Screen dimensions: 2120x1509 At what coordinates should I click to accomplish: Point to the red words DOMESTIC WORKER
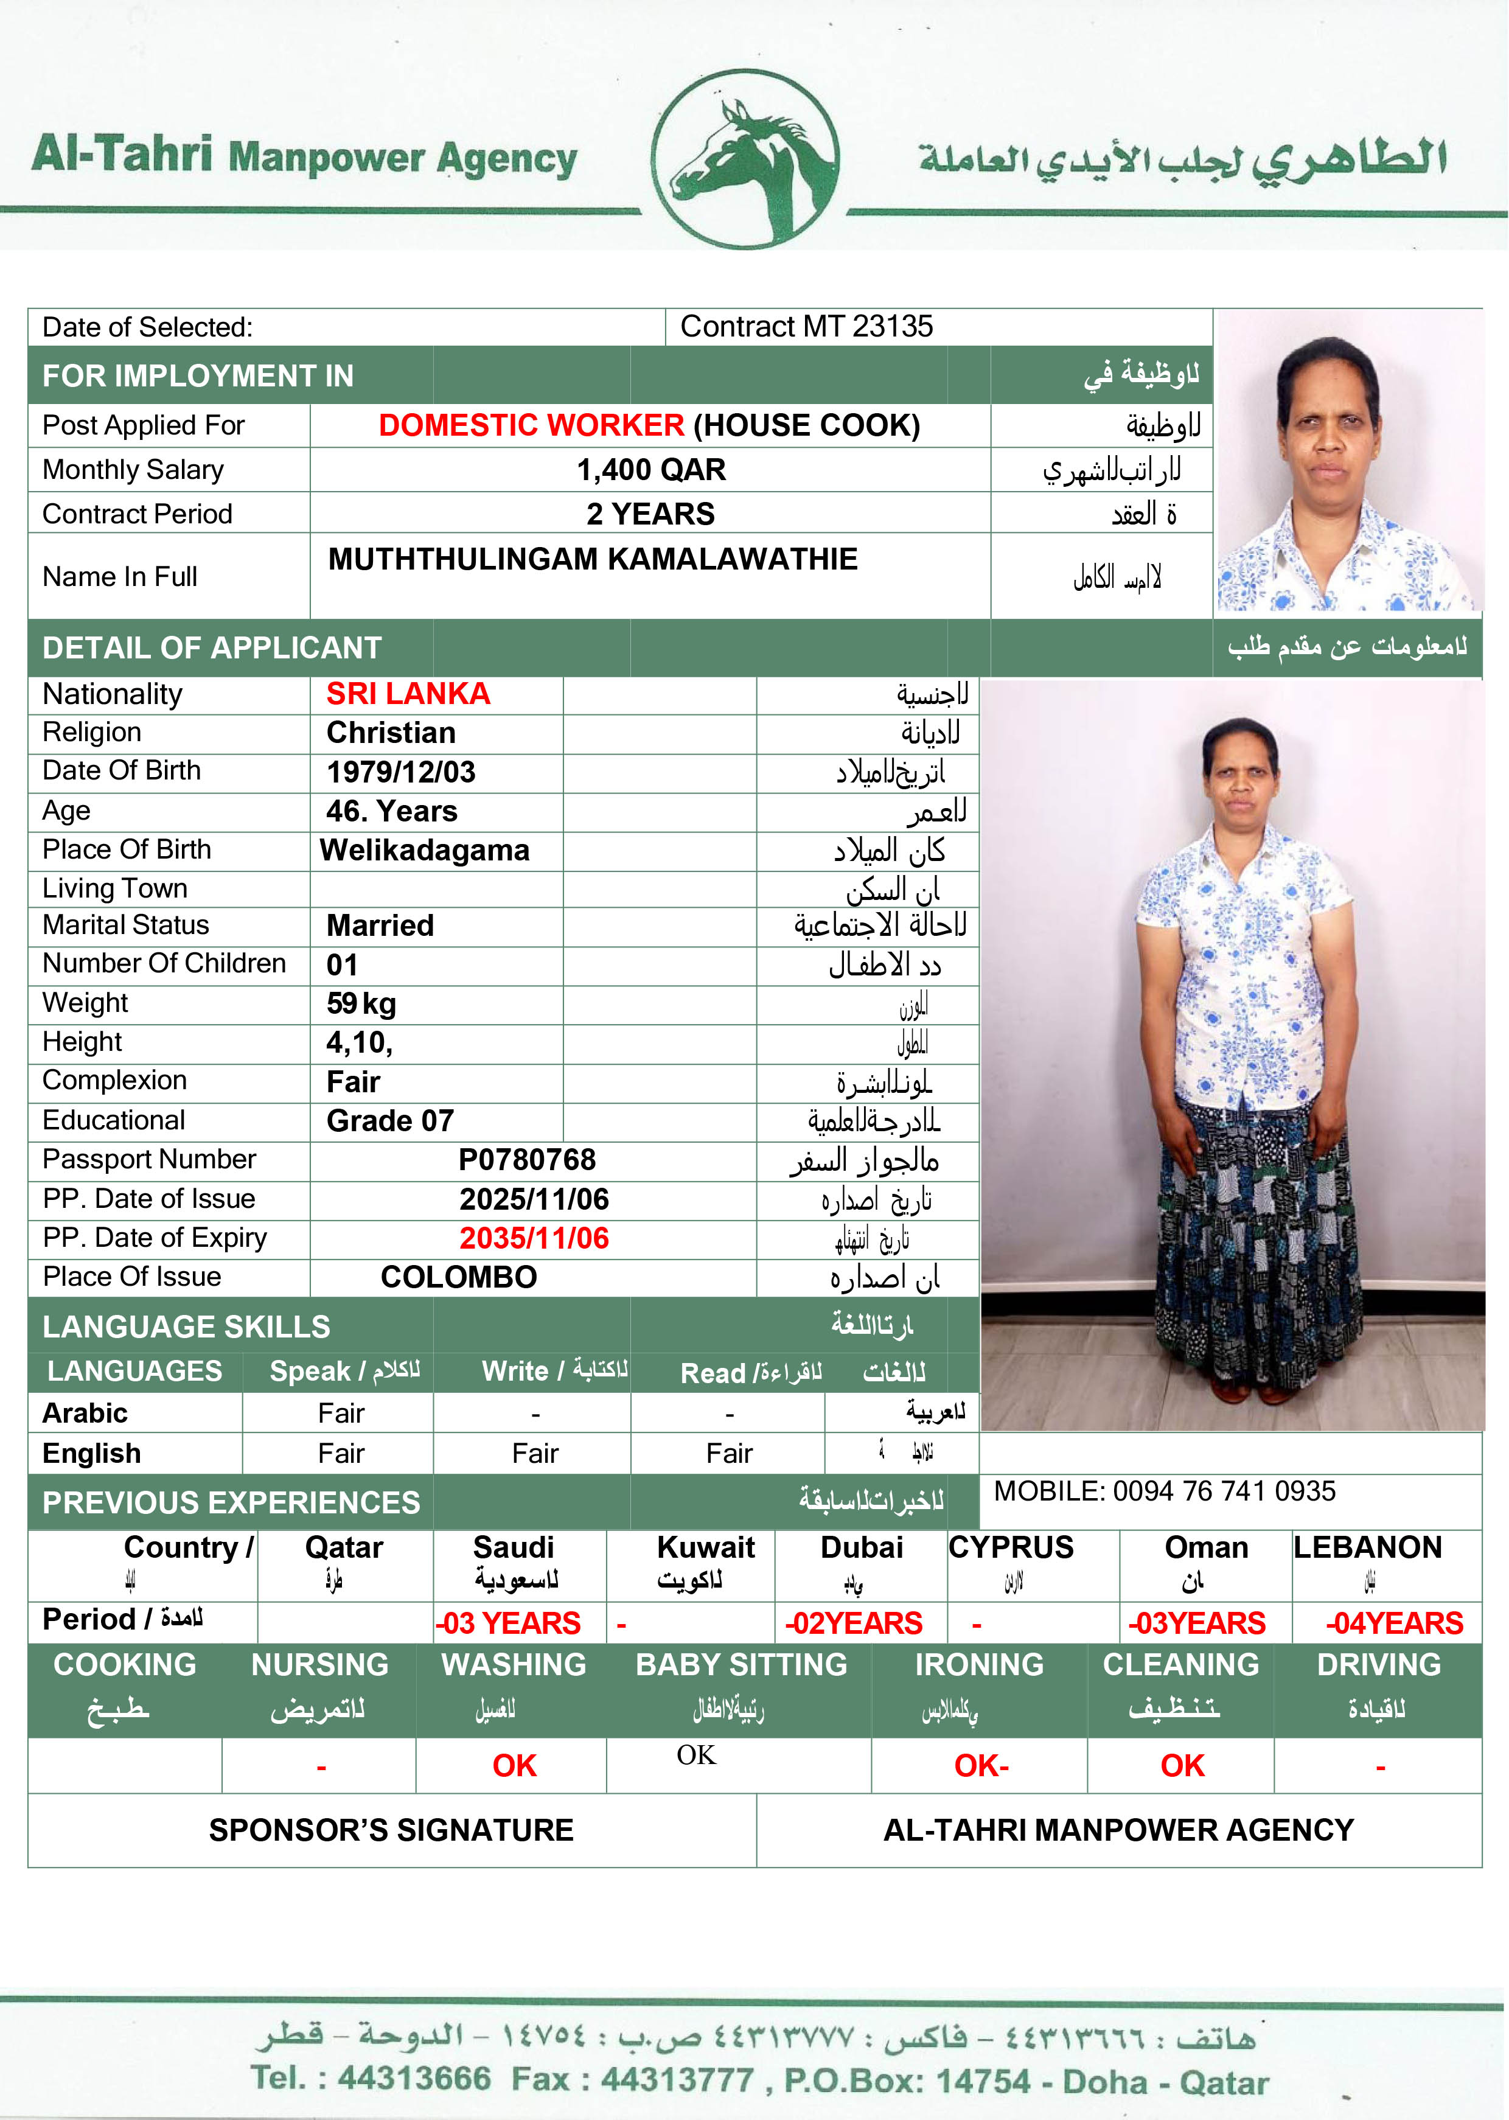[x=531, y=425]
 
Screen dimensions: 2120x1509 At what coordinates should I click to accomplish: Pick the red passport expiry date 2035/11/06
[x=534, y=1238]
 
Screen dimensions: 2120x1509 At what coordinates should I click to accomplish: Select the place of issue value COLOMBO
[x=458, y=1277]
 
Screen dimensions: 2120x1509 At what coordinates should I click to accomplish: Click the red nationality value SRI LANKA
[x=408, y=694]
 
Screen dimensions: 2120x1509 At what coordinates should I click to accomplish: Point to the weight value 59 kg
[x=361, y=1004]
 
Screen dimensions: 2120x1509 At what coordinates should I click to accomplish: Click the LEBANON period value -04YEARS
[x=1394, y=1623]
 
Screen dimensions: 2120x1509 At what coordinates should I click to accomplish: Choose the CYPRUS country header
[x=1011, y=1548]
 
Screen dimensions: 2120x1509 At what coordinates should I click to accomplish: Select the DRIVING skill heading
[x=1379, y=1665]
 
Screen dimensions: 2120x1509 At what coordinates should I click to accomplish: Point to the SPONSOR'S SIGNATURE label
[x=391, y=1830]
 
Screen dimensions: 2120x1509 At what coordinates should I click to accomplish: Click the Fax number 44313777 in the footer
[x=677, y=2078]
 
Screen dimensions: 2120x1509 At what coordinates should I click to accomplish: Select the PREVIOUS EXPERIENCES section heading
[x=231, y=1503]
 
